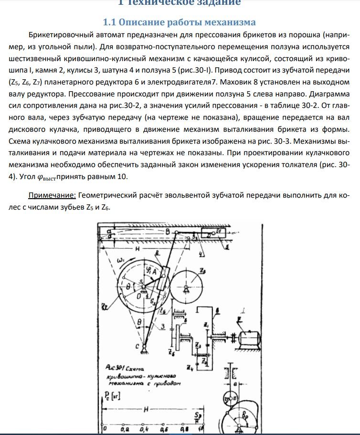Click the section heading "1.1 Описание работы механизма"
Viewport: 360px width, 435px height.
click(180, 22)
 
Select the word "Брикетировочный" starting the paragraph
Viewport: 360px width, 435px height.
click(57, 35)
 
